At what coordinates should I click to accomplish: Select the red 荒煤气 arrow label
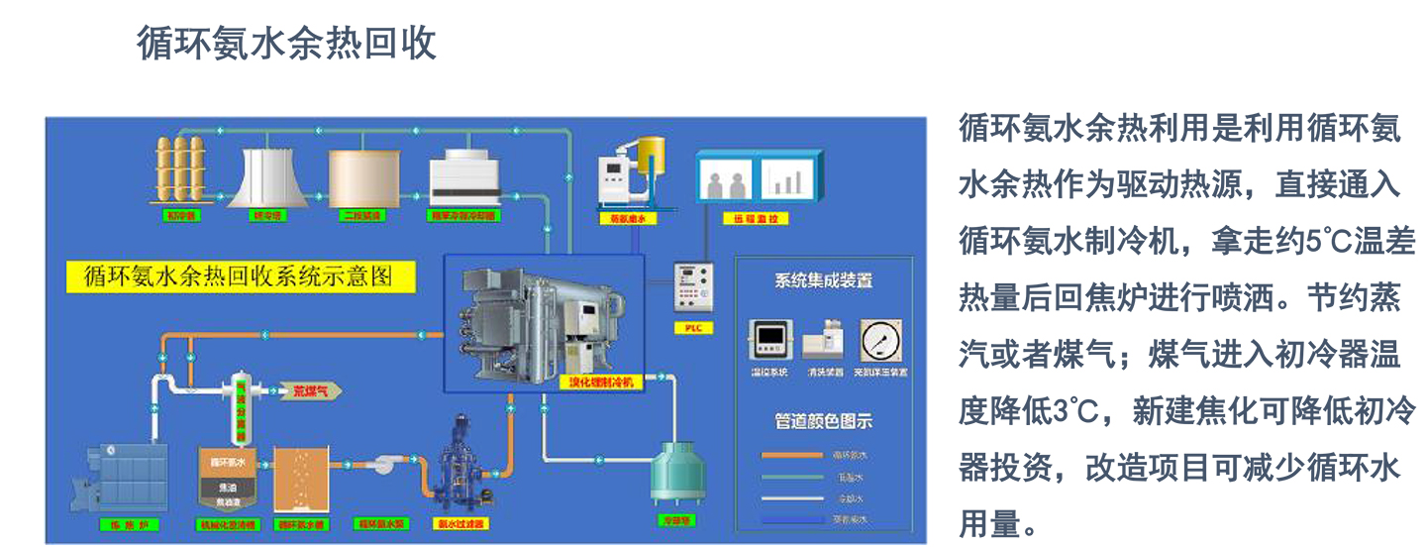click(310, 390)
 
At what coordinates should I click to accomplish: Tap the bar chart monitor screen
click(788, 180)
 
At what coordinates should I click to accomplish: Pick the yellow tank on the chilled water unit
click(651, 154)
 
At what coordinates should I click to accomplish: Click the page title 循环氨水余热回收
click(286, 45)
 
